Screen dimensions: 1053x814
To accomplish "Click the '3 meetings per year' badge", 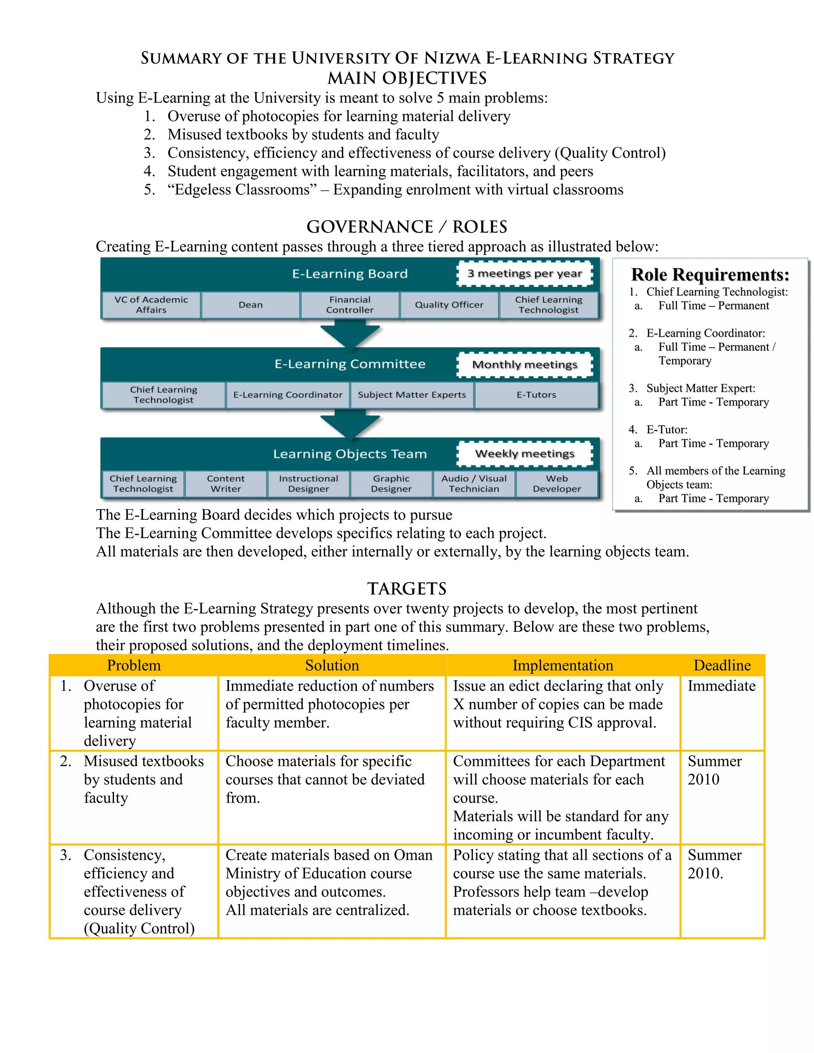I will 525,273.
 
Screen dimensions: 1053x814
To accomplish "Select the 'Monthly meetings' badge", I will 525,364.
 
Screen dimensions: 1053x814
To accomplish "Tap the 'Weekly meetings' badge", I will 525,454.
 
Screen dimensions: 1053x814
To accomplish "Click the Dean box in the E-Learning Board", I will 250,305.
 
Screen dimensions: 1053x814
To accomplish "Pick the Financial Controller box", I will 350,305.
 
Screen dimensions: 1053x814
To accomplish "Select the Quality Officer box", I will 449,305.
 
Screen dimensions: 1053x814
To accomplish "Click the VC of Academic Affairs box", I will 151,305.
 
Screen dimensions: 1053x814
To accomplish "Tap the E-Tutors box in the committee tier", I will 536,395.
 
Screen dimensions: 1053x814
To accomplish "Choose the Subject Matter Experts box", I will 412,395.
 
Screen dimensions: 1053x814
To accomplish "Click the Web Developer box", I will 557,484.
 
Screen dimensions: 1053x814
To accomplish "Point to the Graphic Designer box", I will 391,484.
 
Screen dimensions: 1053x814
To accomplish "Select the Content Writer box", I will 226,484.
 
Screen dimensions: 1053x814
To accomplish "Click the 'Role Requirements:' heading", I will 710,275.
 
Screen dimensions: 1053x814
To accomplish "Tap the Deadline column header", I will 722,665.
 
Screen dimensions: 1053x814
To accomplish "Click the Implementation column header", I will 563,665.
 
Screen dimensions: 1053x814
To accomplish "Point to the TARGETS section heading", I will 407,589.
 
